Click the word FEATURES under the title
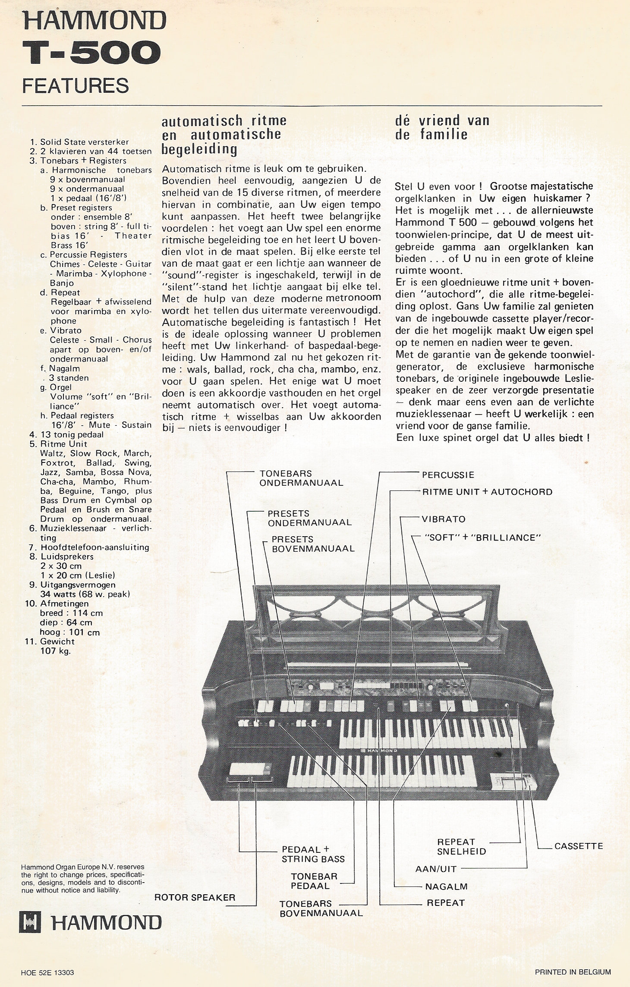click(76, 85)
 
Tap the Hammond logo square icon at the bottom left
click(30, 923)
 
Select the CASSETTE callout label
click(578, 846)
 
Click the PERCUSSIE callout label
click(448, 475)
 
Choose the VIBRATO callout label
click(444, 519)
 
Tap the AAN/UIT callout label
click(435, 869)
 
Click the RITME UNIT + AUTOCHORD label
click(487, 492)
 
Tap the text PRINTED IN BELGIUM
click(573, 972)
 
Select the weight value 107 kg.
click(55, 651)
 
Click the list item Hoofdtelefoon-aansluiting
click(94, 547)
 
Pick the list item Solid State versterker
click(84, 142)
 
